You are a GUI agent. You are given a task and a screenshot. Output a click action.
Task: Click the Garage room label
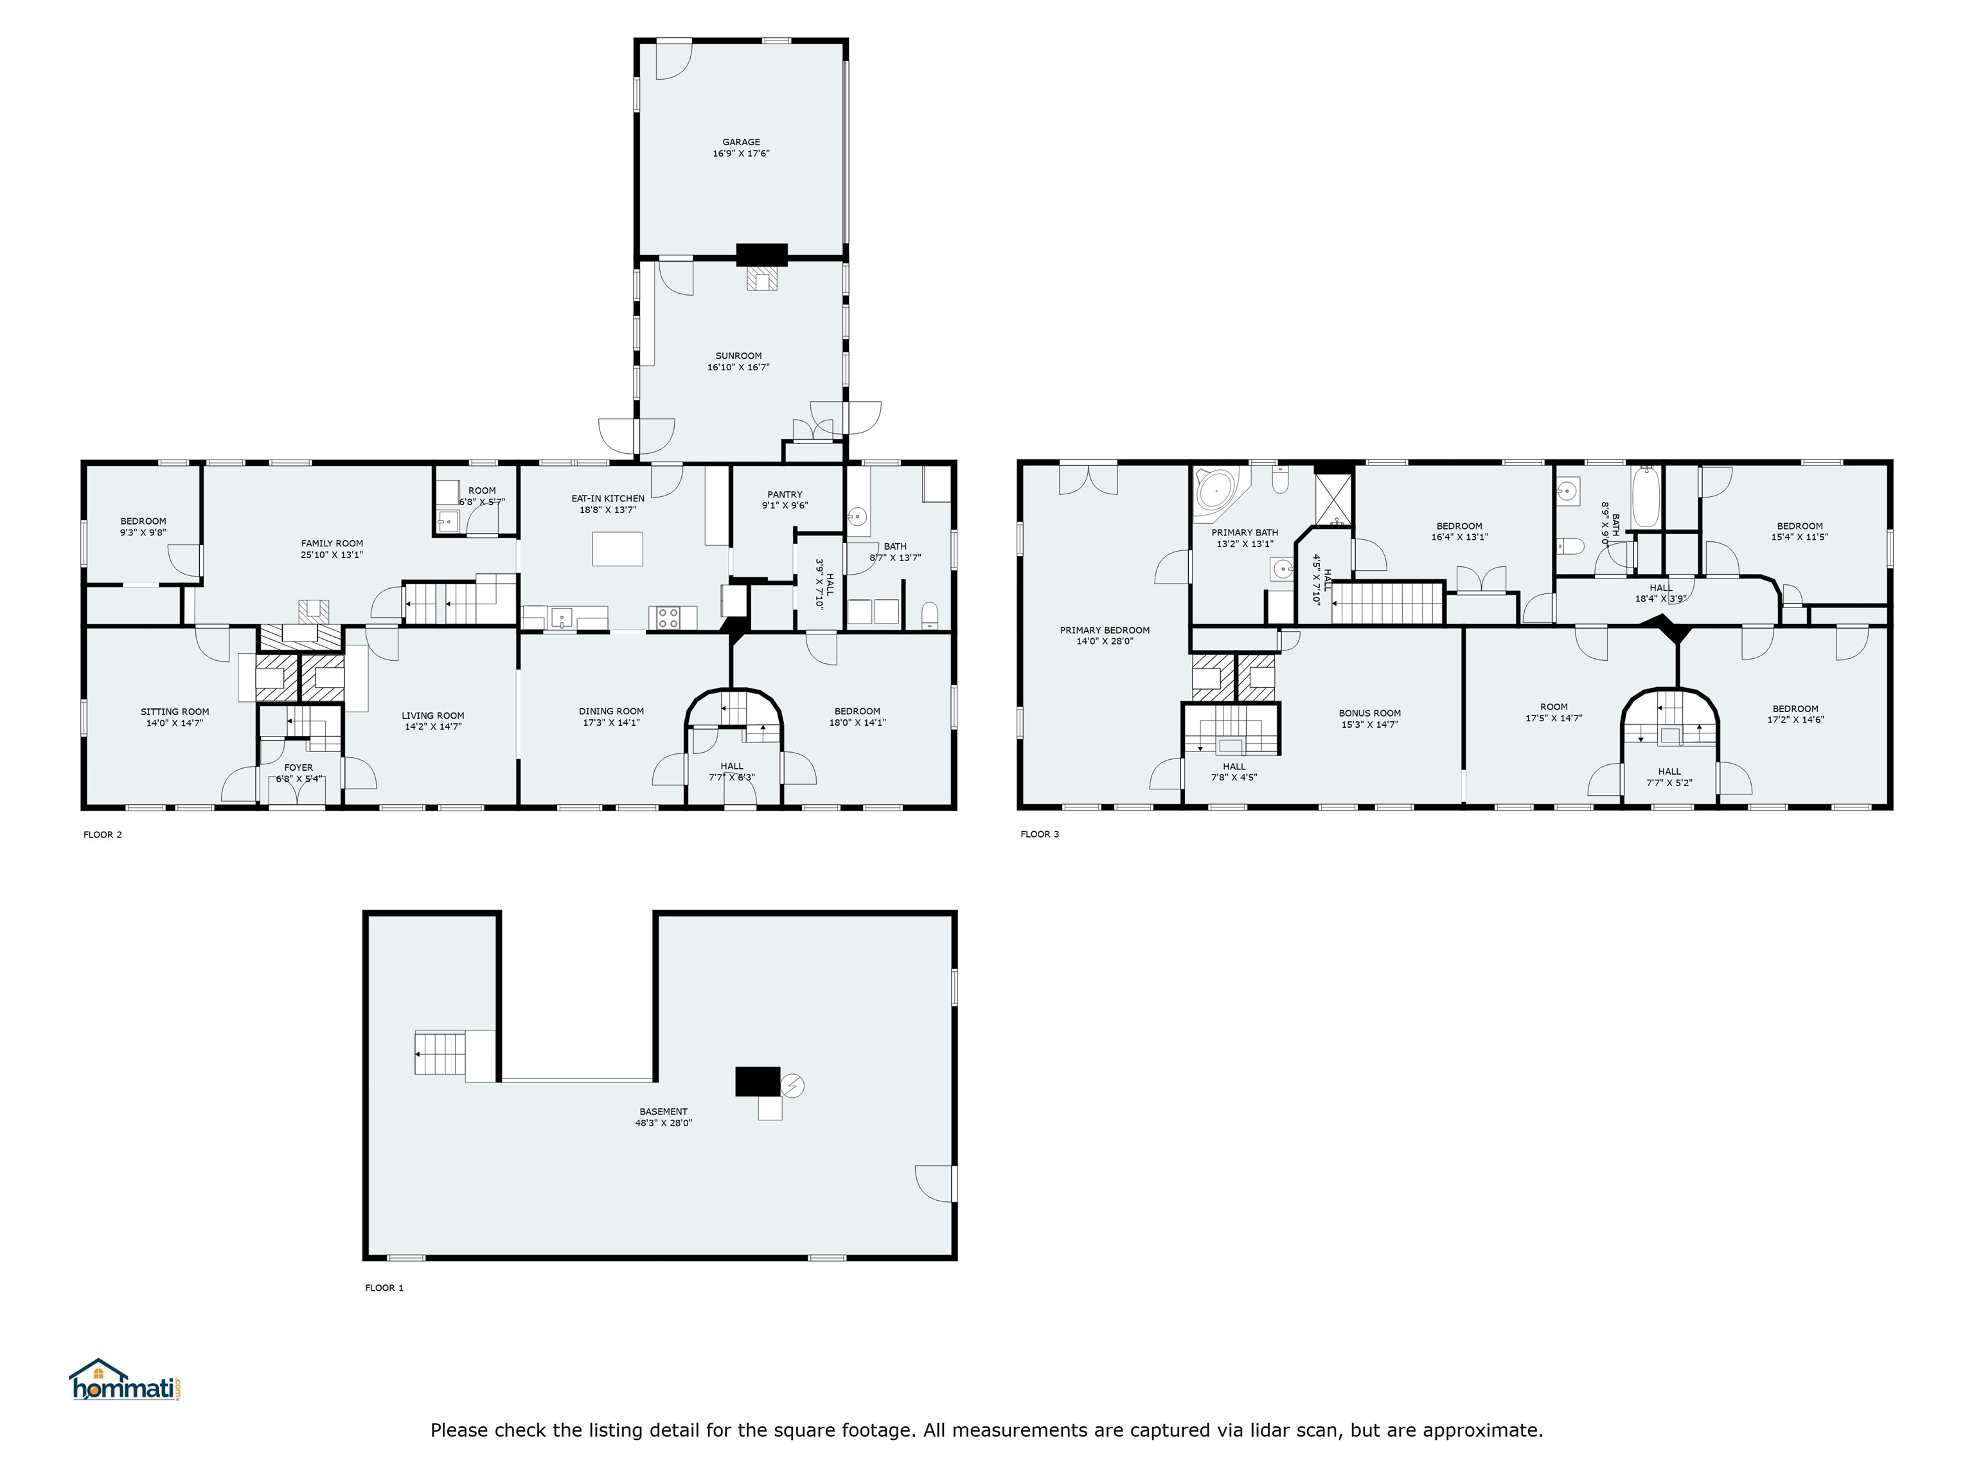(741, 142)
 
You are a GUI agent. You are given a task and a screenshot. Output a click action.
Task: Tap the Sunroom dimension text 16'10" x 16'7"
(738, 368)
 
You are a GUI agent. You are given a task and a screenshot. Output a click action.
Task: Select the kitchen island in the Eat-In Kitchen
(618, 548)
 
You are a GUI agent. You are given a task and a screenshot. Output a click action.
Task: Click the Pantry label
(785, 494)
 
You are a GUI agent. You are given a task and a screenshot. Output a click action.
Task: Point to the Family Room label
(332, 544)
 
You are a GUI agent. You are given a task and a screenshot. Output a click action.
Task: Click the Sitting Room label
(175, 712)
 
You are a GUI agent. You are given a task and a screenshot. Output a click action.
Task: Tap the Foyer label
(298, 767)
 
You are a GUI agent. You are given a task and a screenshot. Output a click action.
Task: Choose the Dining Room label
(611, 712)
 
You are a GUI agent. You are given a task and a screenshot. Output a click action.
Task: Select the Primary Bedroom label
(1105, 630)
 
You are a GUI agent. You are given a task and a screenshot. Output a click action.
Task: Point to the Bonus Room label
(1370, 714)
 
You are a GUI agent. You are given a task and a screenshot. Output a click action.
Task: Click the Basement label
(663, 1112)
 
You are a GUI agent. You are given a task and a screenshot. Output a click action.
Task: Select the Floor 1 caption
(385, 1288)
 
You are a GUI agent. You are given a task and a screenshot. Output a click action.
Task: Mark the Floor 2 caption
(103, 835)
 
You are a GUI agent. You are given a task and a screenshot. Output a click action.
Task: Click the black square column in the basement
(758, 1081)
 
